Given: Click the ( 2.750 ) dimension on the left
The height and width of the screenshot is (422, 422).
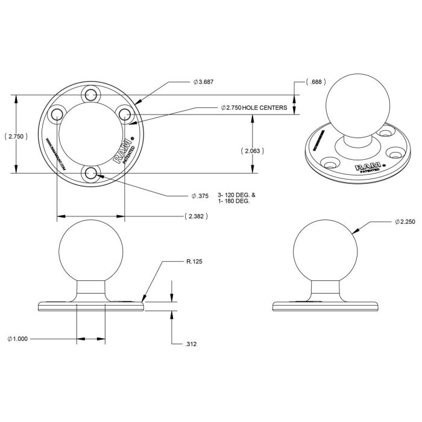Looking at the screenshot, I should tap(15, 137).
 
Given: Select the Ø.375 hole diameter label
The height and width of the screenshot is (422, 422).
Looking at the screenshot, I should tap(200, 195).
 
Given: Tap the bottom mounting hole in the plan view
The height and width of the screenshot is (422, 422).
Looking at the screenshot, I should tap(91, 174).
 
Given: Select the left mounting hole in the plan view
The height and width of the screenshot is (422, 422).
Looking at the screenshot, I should tap(56, 114).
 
